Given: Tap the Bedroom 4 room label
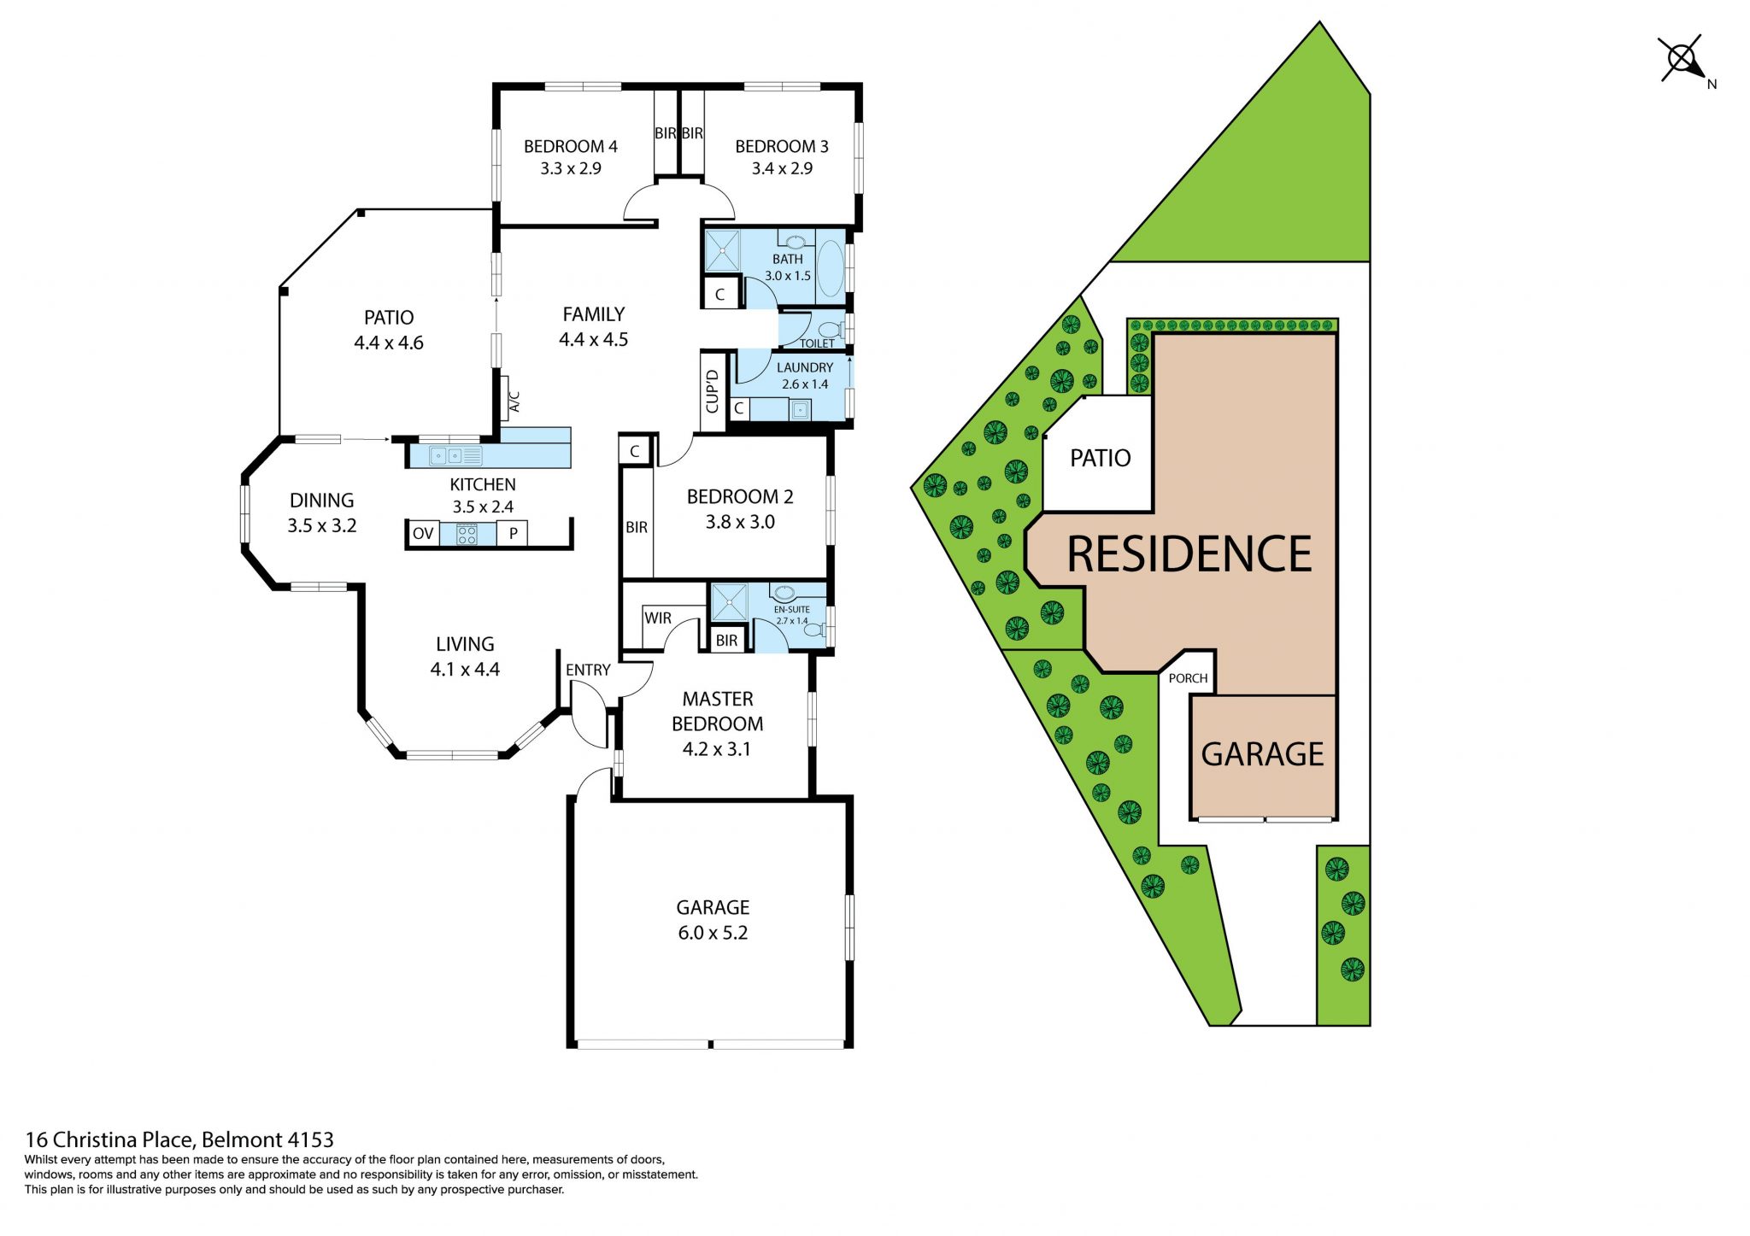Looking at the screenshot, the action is point(570,146).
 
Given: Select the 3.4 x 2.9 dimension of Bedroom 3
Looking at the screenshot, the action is point(782,168).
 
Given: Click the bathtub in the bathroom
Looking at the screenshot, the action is point(830,268).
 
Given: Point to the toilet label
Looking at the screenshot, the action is point(817,343).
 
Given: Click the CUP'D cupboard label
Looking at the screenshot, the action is point(712,391).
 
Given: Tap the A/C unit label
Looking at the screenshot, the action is point(514,401).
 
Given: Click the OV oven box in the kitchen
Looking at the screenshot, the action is point(423,534).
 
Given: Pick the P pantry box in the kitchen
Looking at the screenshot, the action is point(513,534).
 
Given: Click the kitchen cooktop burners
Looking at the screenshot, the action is point(467,535).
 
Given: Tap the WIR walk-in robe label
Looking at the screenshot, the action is point(658,618).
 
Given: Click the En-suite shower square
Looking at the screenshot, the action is point(729,602).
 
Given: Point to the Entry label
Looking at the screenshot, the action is point(588,671).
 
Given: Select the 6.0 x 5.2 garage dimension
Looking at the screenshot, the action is point(713,933).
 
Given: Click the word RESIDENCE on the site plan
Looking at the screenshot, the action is point(1189,554).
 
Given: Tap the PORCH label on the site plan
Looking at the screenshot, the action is point(1188,678).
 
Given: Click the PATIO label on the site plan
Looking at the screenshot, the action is point(1101,458).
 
